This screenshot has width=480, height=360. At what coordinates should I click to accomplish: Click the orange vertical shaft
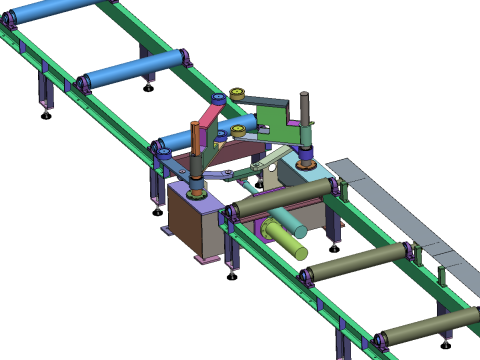196,145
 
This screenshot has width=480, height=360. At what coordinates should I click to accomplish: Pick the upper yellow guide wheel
237,94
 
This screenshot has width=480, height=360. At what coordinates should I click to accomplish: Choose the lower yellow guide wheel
238,129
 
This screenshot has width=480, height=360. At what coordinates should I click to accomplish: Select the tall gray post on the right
305,120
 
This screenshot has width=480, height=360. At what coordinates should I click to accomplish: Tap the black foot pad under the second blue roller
149,88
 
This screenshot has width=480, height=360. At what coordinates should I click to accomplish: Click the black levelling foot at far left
46,116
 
